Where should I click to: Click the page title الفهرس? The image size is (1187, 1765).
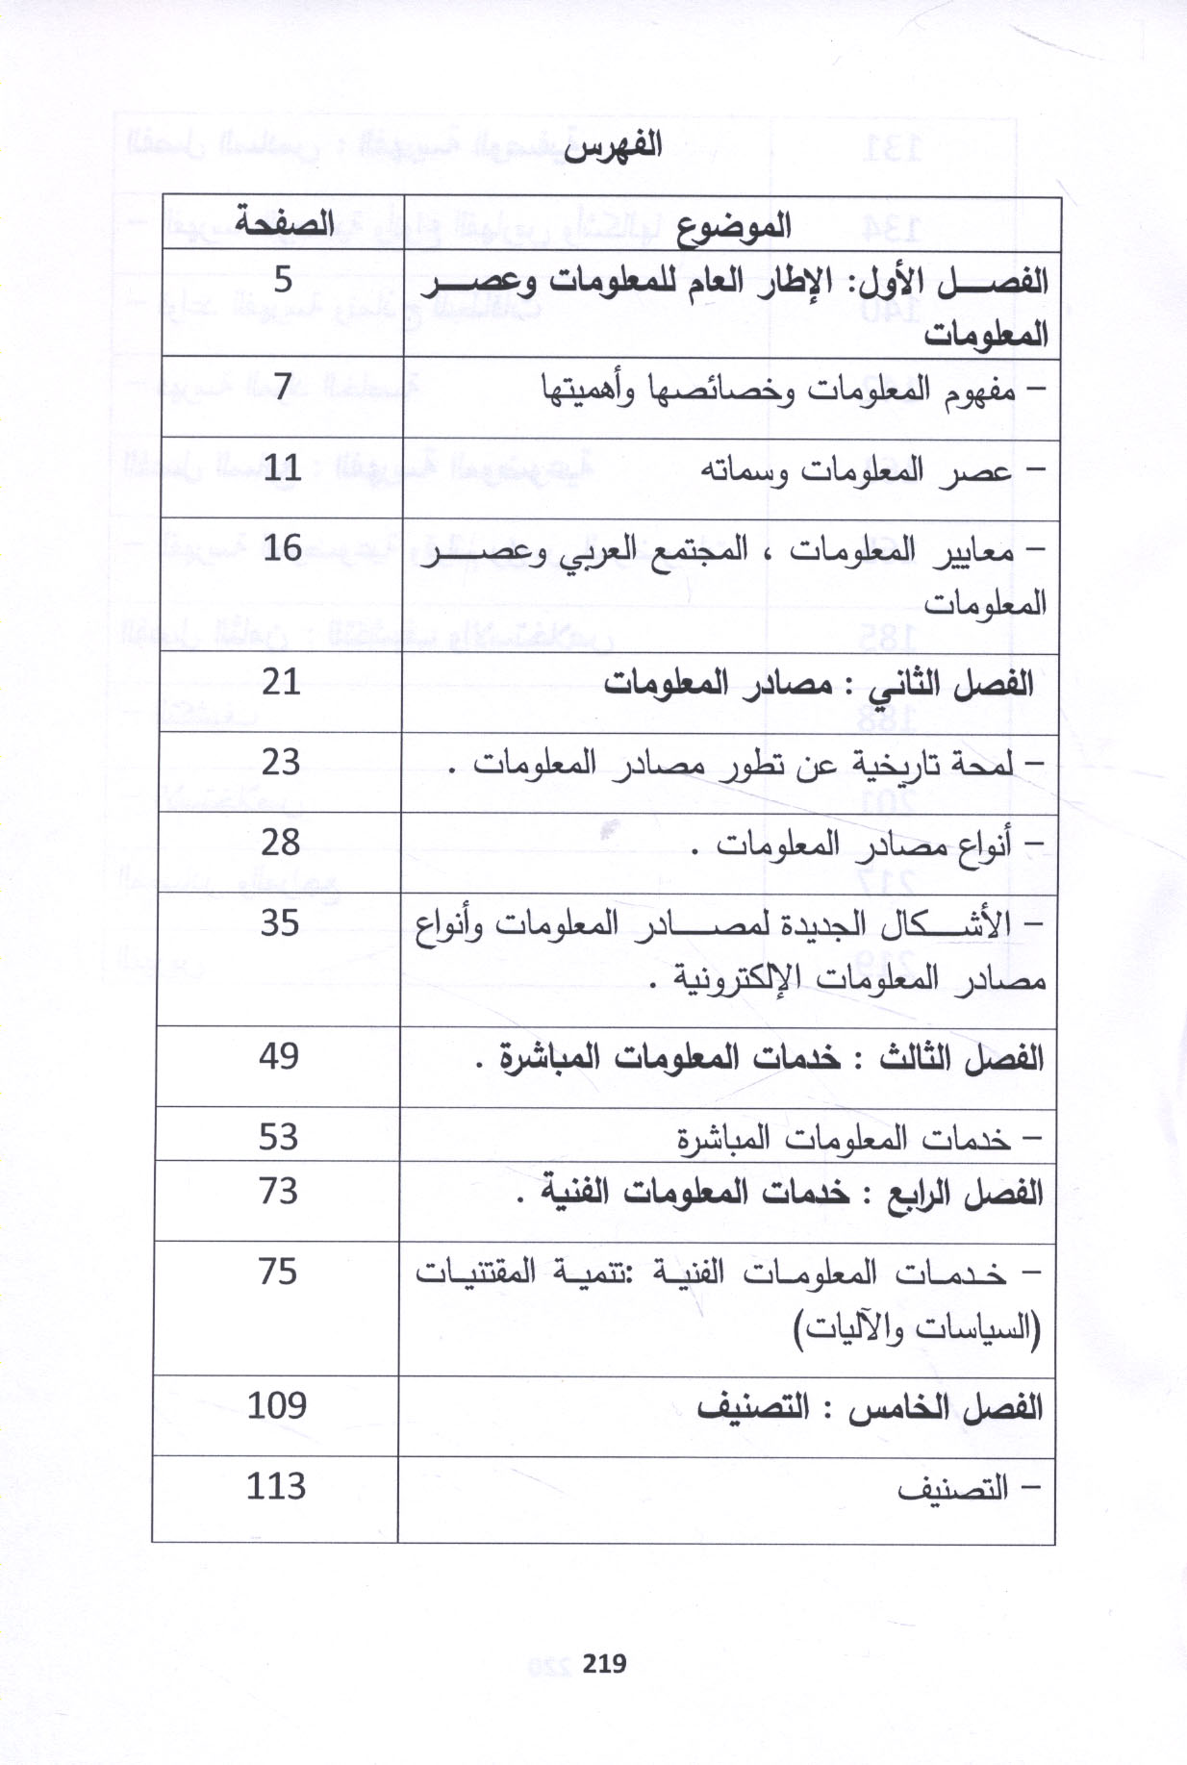[613, 147]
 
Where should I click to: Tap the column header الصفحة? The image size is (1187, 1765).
[284, 224]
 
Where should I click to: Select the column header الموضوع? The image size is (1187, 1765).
[733, 226]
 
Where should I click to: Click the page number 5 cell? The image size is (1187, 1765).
[283, 280]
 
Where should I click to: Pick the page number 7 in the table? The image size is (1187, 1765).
[282, 387]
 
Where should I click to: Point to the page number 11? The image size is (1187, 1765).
[282, 468]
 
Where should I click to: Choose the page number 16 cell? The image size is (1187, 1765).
[282, 548]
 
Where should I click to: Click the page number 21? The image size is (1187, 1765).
[281, 682]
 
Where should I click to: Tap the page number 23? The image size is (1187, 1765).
[281, 763]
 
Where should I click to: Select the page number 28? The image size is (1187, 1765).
[281, 843]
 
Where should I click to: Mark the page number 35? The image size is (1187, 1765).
[280, 923]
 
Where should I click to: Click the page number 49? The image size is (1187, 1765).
[279, 1057]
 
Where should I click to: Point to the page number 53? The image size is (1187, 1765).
[279, 1137]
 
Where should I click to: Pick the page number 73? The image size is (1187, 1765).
[278, 1191]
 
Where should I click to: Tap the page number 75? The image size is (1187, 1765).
[278, 1272]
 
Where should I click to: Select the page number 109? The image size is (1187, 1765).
[277, 1405]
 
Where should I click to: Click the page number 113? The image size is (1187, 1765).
[276, 1486]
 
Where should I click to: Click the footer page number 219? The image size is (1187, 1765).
[604, 1663]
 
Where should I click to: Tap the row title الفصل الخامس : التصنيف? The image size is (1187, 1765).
[870, 1408]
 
